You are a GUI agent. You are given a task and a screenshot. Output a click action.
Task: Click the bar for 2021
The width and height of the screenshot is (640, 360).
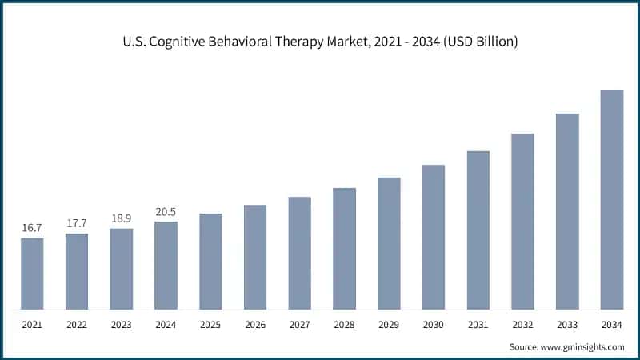pyautogui.click(x=32, y=274)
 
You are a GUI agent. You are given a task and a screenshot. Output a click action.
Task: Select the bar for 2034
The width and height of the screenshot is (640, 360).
pyautogui.click(x=612, y=199)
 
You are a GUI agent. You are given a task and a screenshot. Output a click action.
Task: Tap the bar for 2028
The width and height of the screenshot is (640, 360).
pyautogui.click(x=344, y=249)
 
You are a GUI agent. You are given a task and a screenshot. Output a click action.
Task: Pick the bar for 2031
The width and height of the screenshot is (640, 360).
pyautogui.click(x=478, y=230)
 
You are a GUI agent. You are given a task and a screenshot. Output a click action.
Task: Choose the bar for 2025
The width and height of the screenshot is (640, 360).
pyautogui.click(x=210, y=262)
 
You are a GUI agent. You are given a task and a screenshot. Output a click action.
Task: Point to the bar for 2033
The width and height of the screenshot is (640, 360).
pyautogui.click(x=567, y=211)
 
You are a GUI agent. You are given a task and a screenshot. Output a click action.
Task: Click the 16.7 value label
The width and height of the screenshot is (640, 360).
pyautogui.click(x=32, y=228)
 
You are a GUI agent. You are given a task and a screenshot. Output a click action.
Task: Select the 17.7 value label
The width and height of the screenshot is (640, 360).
pyautogui.click(x=77, y=223)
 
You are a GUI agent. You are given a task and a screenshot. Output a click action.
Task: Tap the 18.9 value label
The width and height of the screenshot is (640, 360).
pyautogui.click(x=122, y=218)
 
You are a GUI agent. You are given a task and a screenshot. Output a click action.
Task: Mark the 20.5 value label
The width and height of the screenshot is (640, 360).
pyautogui.click(x=166, y=212)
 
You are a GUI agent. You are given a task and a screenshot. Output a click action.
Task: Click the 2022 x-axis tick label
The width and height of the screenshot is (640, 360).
pyautogui.click(x=77, y=326)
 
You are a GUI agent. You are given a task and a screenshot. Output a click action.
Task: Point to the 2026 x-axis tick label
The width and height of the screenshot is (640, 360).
pyautogui.click(x=255, y=326)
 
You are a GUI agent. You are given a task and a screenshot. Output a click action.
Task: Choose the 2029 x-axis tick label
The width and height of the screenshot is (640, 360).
pyautogui.click(x=389, y=326)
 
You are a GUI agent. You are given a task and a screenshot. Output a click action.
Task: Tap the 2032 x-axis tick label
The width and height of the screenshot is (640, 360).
pyautogui.click(x=522, y=326)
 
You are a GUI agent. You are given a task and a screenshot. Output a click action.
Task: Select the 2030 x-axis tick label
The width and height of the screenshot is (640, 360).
pyautogui.click(x=434, y=326)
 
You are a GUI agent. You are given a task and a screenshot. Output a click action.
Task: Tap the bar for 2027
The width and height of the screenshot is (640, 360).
pyautogui.click(x=300, y=253)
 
